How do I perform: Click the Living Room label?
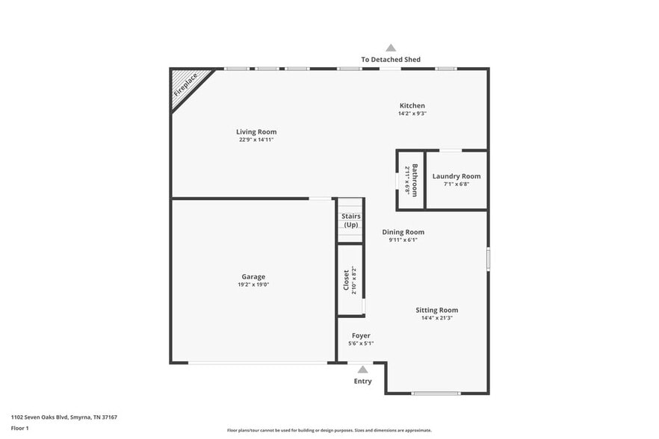tap(256, 132)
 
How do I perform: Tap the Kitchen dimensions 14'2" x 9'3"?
tap(412, 113)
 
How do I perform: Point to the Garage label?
tap(253, 277)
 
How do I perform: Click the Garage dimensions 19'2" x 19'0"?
tap(253, 284)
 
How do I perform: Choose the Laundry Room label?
tap(457, 176)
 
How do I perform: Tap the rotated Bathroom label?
tap(415, 180)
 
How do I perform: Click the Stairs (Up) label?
tap(351, 220)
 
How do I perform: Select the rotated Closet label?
tap(346, 280)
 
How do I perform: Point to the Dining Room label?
tap(403, 232)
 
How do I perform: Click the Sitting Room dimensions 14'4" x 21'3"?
tap(437, 318)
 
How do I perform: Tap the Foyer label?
tap(361, 336)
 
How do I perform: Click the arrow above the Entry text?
tap(362, 370)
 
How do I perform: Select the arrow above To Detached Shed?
tap(391, 48)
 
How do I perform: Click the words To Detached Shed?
tap(391, 60)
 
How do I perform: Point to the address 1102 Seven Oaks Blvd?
tap(39, 417)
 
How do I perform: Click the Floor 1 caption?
tap(19, 429)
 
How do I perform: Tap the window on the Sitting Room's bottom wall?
tap(436, 393)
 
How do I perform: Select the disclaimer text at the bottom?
tap(329, 430)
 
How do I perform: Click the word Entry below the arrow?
tap(362, 382)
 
